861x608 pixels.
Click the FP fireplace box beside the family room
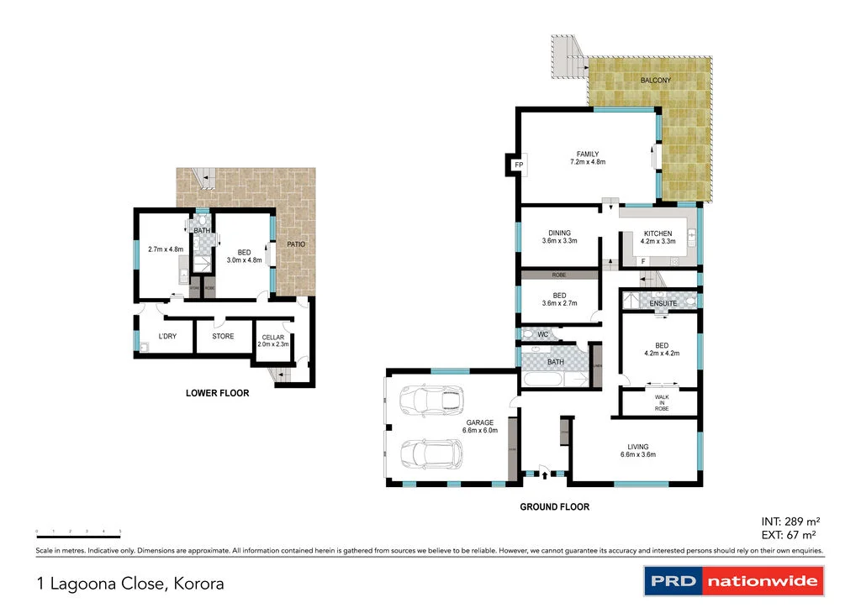click(x=518, y=165)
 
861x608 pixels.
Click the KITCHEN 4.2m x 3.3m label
click(x=658, y=238)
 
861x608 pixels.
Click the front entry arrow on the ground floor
click(x=545, y=475)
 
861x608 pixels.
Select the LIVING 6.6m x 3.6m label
click(x=637, y=451)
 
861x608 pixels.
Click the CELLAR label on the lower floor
click(x=273, y=340)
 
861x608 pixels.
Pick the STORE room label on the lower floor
click(x=223, y=337)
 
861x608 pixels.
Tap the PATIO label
click(x=294, y=244)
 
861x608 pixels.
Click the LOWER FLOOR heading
click(x=217, y=393)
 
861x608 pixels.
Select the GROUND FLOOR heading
click(x=554, y=507)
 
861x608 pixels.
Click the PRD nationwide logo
click(x=734, y=581)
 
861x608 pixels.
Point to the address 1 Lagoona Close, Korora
click(x=130, y=583)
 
